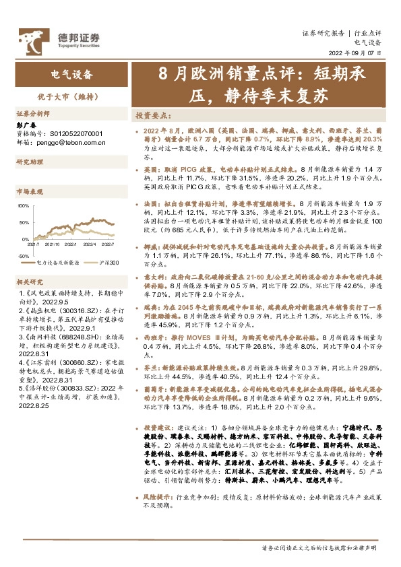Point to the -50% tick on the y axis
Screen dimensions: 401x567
click(x=23, y=256)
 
